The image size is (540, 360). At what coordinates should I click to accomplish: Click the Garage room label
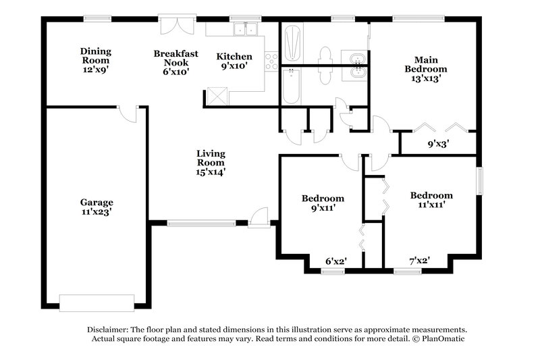click(x=97, y=207)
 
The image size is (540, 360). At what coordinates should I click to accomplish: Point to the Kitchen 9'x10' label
click(x=234, y=61)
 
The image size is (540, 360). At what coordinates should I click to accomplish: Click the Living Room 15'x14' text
click(x=211, y=163)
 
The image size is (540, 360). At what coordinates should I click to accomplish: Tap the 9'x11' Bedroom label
click(x=323, y=203)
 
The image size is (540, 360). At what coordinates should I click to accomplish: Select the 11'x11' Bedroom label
click(x=431, y=200)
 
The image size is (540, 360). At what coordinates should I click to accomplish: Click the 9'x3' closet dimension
click(x=439, y=144)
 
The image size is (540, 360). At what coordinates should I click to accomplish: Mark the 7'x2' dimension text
click(x=420, y=260)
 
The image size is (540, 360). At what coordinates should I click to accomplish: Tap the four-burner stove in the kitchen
click(x=271, y=61)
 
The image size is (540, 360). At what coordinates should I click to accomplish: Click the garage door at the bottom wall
click(x=97, y=302)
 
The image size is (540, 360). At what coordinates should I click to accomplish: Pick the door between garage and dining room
click(x=128, y=113)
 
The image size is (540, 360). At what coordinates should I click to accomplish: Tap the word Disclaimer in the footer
click(x=108, y=328)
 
